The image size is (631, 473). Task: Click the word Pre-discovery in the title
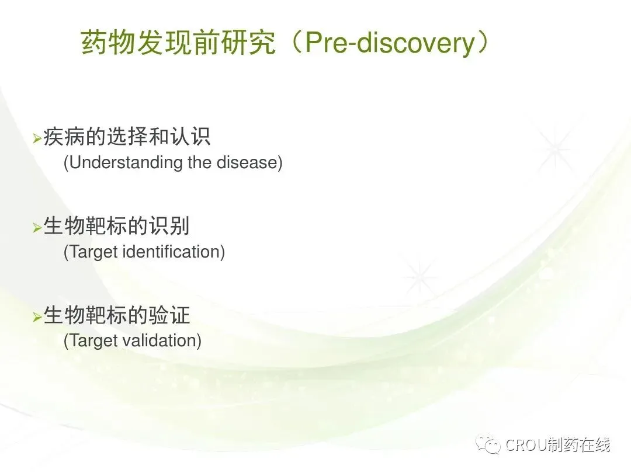[x=390, y=43]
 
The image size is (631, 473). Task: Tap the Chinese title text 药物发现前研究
[x=179, y=42]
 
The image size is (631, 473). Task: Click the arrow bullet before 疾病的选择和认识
[x=37, y=139]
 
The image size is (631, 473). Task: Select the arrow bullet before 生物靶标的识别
[x=37, y=228]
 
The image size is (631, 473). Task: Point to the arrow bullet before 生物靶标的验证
[x=37, y=317]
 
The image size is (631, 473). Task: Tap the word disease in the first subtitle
[x=247, y=162]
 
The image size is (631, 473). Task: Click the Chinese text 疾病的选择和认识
[x=127, y=137]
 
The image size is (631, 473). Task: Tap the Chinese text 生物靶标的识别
[x=116, y=226]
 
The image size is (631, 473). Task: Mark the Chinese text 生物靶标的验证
[x=116, y=315]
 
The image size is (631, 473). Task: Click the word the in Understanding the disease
[x=200, y=162]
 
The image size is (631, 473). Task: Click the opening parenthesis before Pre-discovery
[x=296, y=43]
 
